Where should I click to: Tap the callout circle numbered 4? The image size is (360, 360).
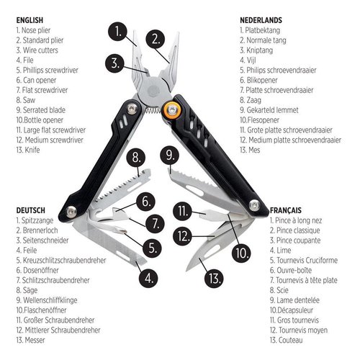[x=148, y=276]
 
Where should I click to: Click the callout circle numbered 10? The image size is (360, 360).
[x=241, y=253]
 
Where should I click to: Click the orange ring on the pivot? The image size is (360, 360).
[x=172, y=109]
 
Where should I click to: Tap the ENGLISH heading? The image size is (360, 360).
[x=30, y=19]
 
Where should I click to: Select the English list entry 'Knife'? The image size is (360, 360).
[x=30, y=150]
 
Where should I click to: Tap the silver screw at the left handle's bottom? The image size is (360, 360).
[x=71, y=211]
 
